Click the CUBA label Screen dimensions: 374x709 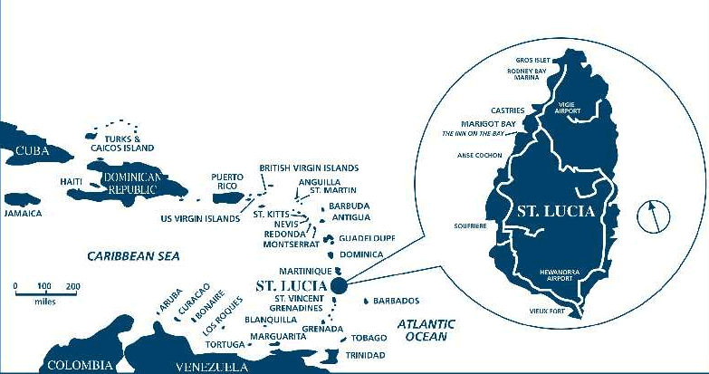tap(32, 151)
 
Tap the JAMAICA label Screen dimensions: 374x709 tap(24, 214)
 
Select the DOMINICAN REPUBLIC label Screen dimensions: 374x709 tap(132, 184)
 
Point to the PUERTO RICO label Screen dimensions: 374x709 tap(227, 181)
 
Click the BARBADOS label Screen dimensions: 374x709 tap(396, 301)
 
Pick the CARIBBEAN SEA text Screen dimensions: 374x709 tap(134, 256)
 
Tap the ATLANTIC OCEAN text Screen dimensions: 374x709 tap(426, 330)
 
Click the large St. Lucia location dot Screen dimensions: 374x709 tap(339, 286)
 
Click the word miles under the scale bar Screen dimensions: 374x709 tap(44, 302)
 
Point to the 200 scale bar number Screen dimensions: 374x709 tap(72, 286)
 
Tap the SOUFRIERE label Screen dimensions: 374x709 tap(470, 225)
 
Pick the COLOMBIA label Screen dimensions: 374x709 tap(80, 365)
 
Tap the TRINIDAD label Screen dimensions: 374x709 tap(365, 355)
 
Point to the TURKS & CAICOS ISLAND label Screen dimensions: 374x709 tap(122, 142)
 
